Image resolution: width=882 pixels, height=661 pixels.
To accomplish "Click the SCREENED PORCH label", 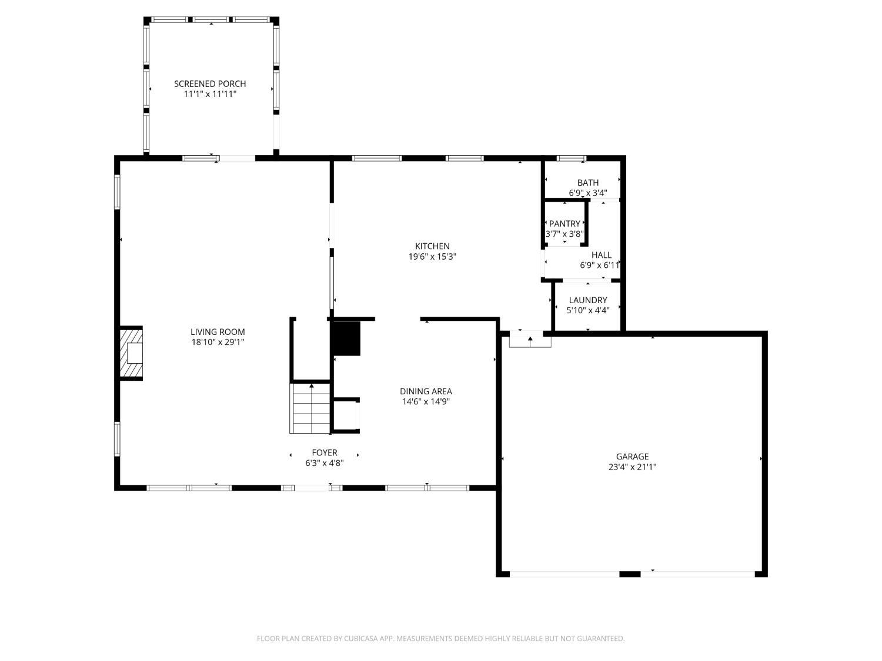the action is click(210, 84).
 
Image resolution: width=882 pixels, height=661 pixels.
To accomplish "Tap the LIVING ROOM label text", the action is click(218, 332).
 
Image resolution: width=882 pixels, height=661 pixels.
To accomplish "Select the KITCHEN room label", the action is click(432, 246).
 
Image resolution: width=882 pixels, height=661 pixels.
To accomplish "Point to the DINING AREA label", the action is click(426, 391).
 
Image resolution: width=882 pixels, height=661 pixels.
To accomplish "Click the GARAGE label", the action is click(633, 457).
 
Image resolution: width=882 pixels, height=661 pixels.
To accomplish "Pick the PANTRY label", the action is click(564, 223).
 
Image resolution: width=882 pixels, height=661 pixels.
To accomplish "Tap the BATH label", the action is click(588, 183).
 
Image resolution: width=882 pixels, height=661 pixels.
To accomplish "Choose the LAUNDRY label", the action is click(588, 300).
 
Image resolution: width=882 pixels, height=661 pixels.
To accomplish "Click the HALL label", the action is click(602, 255).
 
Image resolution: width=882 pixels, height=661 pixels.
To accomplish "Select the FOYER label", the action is click(325, 452).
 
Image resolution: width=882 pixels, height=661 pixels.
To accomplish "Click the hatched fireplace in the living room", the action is click(131, 353).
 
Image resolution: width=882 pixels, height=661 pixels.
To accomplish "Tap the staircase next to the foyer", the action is click(310, 408).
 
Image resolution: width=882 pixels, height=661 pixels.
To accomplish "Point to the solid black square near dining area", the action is click(346, 338).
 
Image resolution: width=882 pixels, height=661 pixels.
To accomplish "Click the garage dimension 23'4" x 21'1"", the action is click(633, 467).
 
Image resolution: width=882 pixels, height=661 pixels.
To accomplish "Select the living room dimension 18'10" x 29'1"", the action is click(218, 343).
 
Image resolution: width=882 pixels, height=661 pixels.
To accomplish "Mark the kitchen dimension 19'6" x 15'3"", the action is click(432, 257).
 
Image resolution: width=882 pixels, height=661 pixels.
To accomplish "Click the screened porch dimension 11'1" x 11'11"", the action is click(210, 95).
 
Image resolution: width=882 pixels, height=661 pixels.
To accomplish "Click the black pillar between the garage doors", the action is click(630, 574).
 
